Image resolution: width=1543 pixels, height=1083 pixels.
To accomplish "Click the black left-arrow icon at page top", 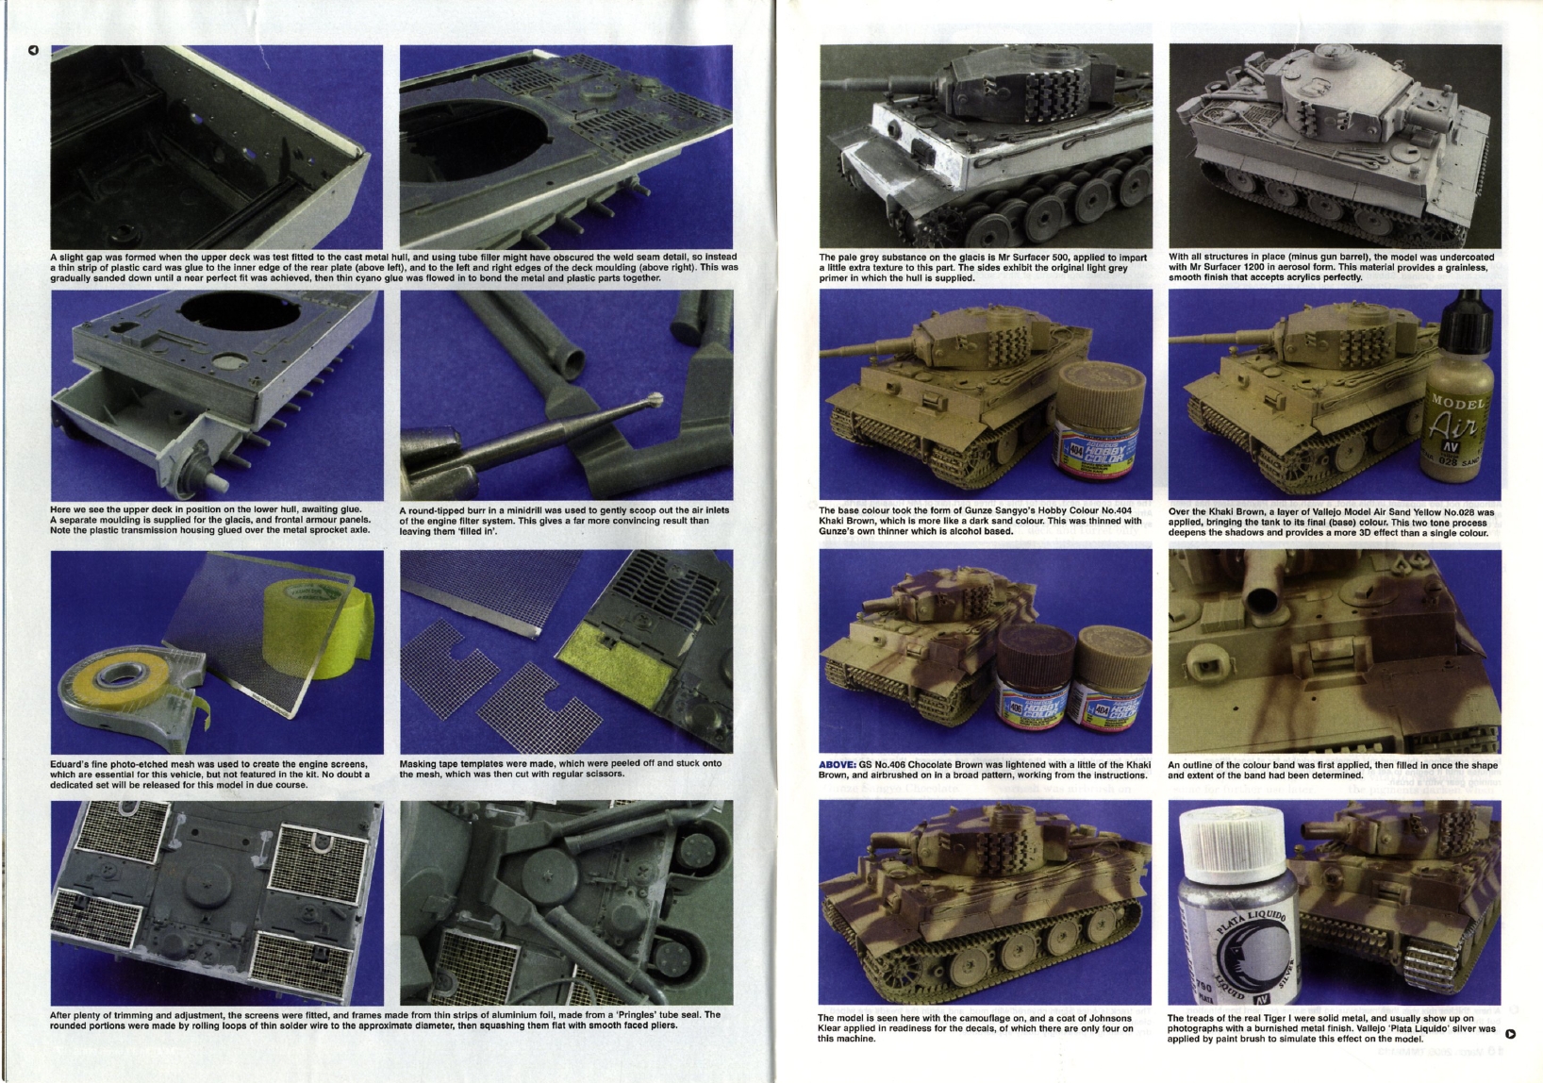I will tap(32, 50).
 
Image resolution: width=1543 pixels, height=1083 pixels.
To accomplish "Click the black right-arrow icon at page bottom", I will tap(1511, 1033).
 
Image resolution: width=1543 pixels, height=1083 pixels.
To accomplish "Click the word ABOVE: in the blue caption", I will tap(838, 764).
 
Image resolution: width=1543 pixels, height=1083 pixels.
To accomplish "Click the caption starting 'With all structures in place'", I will tap(1331, 267).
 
